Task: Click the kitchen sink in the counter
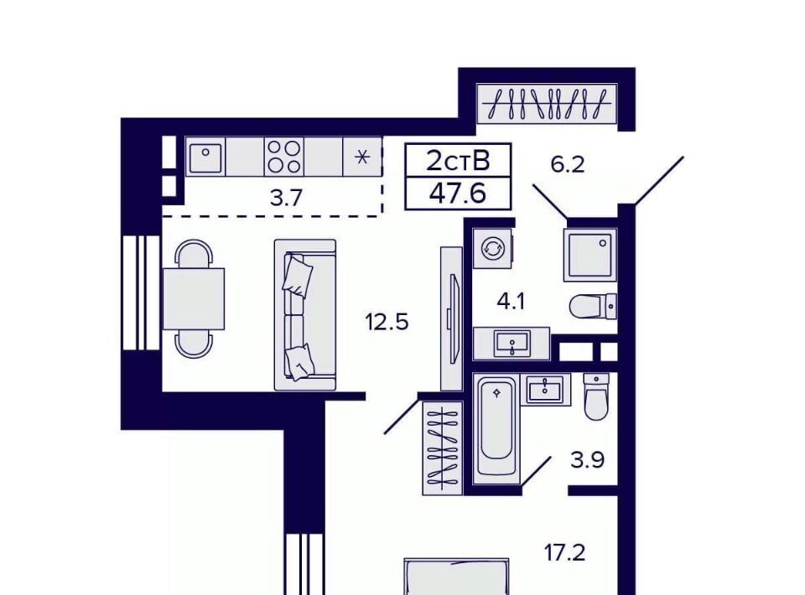205,158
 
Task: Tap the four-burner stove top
284,157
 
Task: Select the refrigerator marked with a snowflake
362,157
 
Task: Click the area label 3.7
286,198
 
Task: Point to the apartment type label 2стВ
458,161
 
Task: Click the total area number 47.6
458,194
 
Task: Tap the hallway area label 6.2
568,164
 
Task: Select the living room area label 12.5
387,322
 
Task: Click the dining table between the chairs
194,298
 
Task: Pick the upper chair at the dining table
194,254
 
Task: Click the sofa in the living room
305,314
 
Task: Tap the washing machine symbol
493,249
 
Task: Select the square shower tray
589,255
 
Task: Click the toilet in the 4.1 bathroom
593,306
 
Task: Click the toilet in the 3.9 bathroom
596,396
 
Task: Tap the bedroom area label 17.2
564,553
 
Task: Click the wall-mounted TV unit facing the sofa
452,318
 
